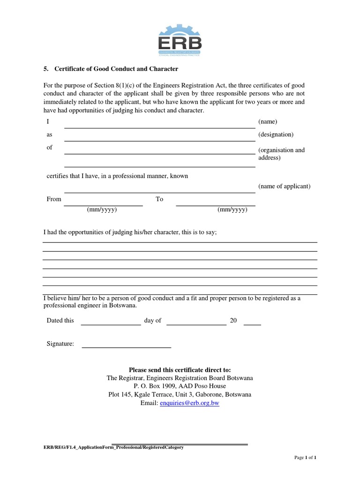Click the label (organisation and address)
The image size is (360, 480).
(x=281, y=154)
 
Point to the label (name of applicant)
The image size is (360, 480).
(x=284, y=186)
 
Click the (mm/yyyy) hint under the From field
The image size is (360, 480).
(x=102, y=210)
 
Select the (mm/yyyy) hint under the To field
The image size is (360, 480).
(x=232, y=210)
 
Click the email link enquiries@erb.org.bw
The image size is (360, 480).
(x=189, y=403)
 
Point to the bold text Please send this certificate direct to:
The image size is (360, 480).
(x=180, y=370)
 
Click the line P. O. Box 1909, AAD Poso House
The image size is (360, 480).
(x=180, y=386)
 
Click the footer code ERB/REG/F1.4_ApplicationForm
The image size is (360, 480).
(x=113, y=448)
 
